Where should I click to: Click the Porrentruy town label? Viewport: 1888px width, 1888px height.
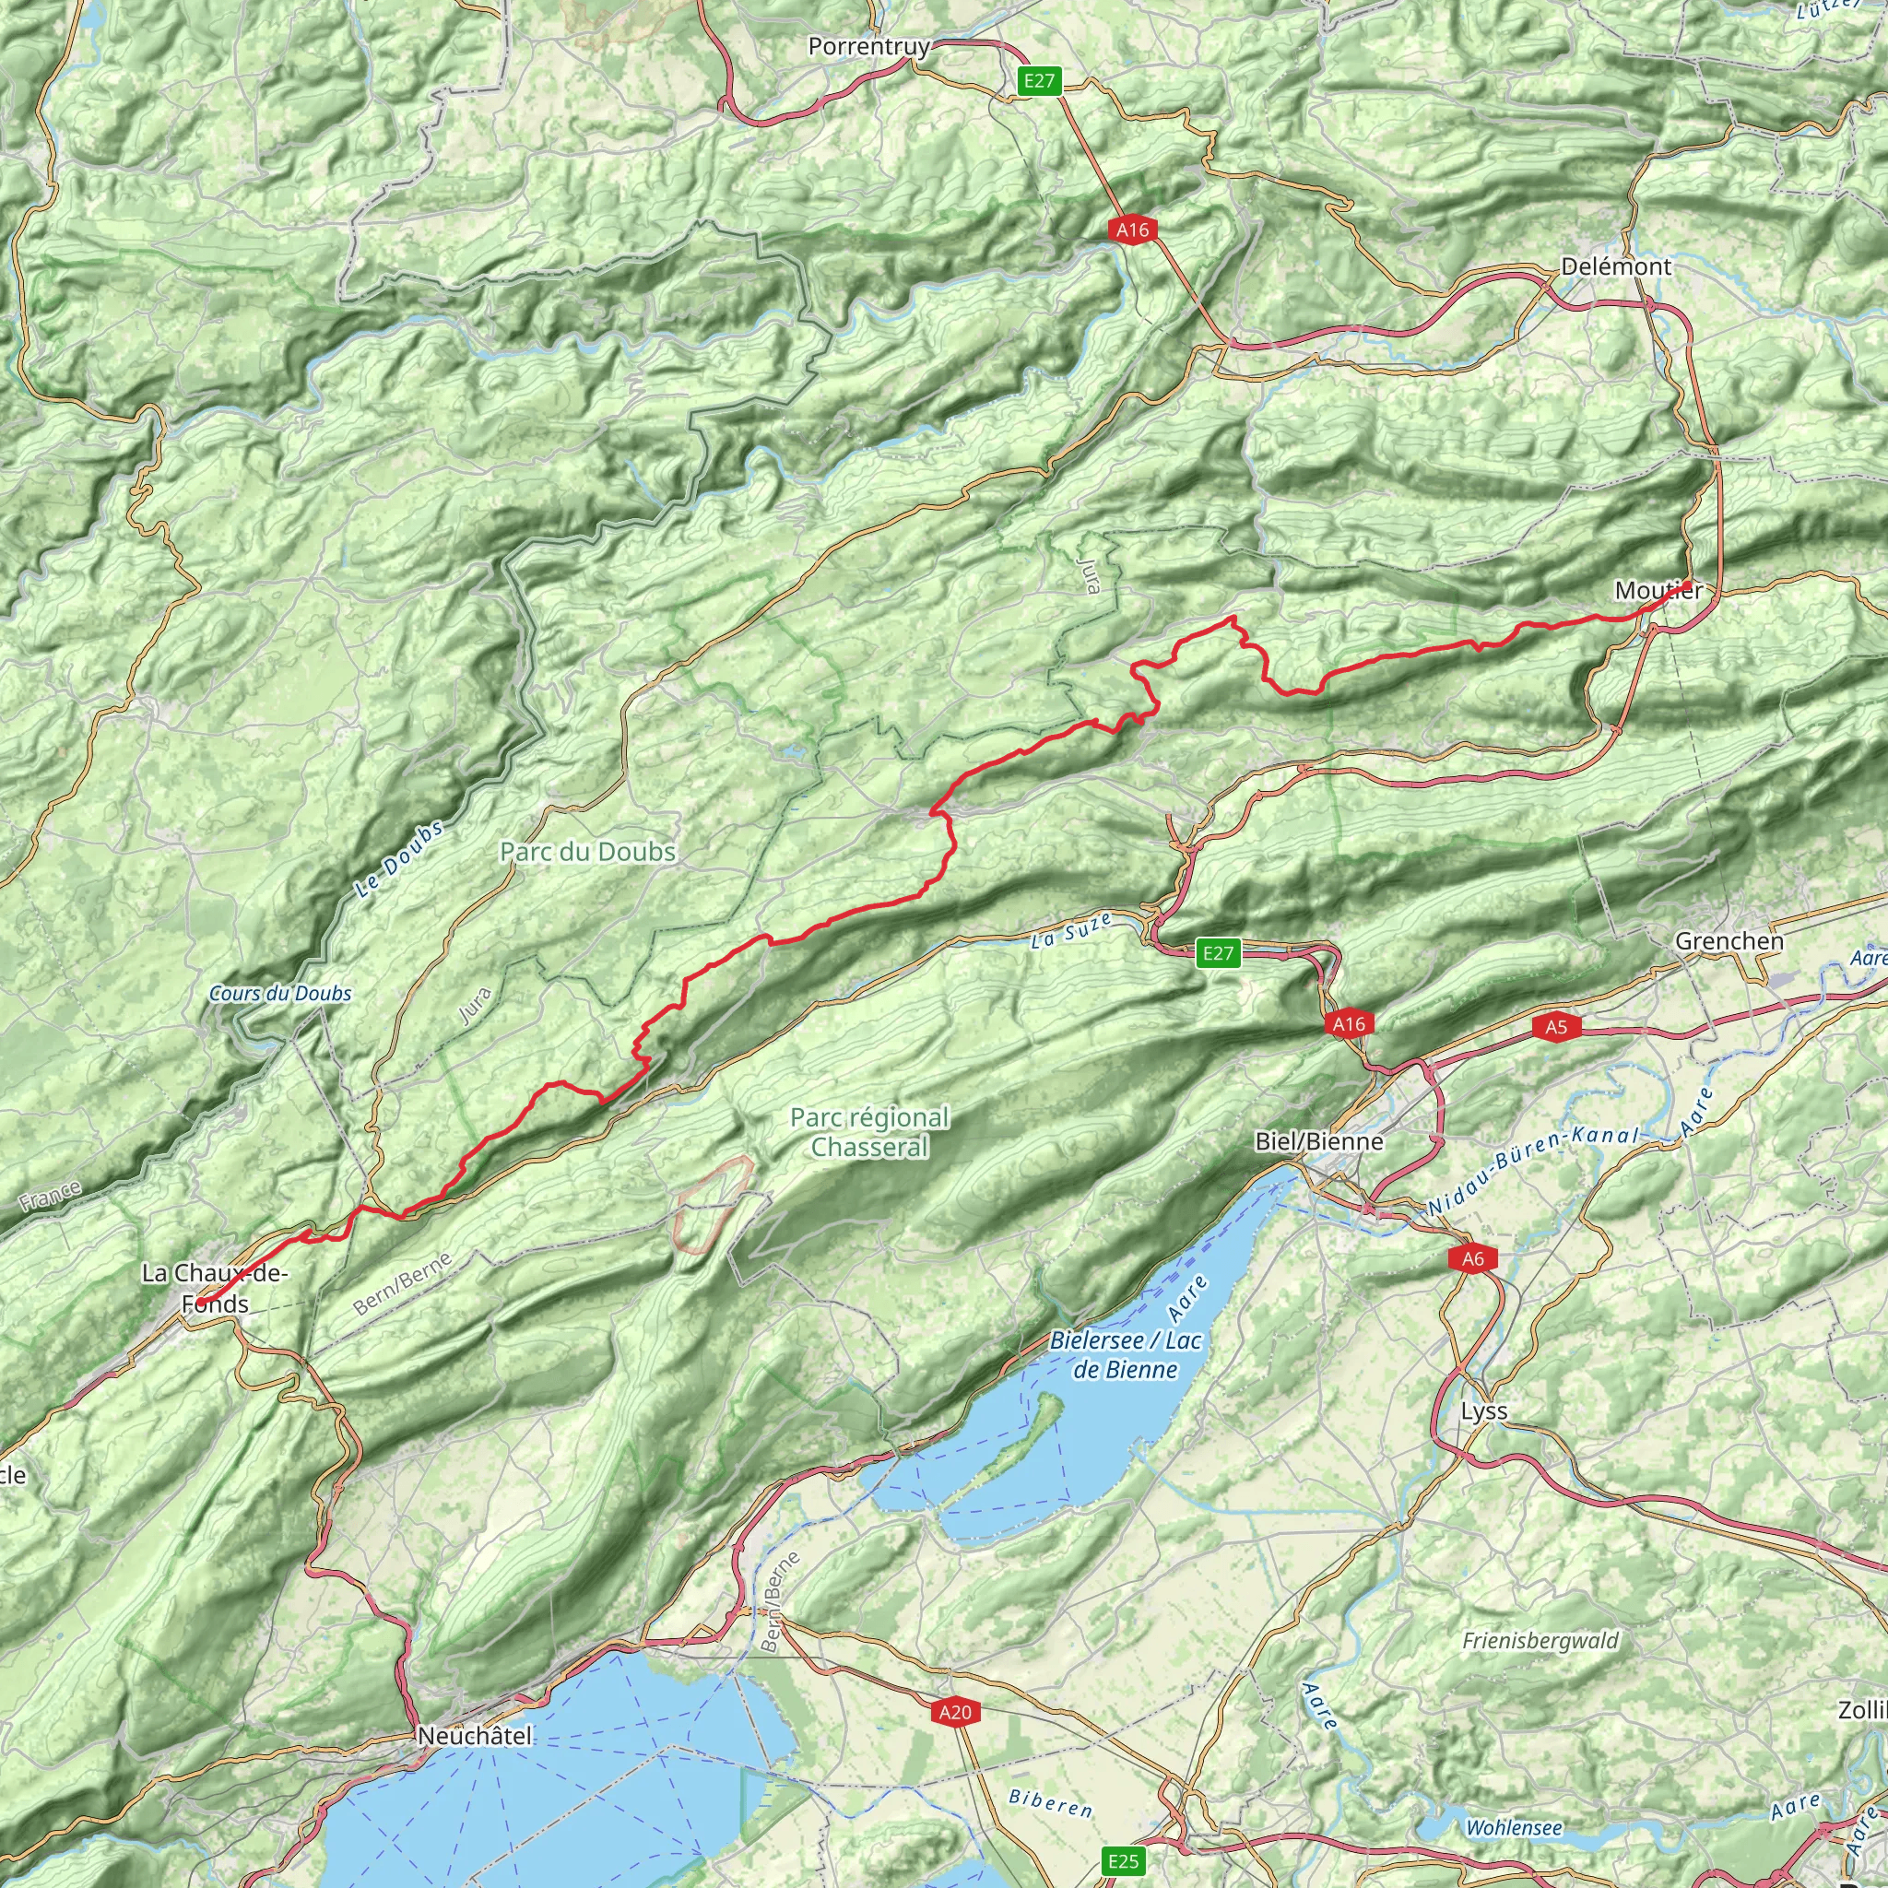(868, 46)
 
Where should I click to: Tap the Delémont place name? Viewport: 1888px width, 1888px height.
(1615, 266)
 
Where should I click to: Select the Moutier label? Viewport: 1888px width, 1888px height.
(1658, 590)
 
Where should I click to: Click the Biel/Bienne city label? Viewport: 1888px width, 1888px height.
(1319, 1141)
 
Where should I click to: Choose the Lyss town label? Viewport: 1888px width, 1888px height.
(1483, 1412)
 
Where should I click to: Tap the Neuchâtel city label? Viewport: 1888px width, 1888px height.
(475, 1737)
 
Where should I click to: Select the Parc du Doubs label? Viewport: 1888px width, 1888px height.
(587, 852)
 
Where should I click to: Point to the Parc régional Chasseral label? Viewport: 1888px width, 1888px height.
(868, 1132)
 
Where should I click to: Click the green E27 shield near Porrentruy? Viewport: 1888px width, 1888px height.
(1039, 81)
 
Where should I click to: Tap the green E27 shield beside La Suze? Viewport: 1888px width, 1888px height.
(1218, 954)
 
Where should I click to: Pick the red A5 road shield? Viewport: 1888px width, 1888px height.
(1556, 1026)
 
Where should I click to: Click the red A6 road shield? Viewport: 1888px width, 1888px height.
(1471, 1259)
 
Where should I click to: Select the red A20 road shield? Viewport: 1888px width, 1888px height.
(955, 1712)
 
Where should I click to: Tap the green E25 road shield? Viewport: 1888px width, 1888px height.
(1123, 1860)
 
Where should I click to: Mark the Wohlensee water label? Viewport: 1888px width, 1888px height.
(1514, 1827)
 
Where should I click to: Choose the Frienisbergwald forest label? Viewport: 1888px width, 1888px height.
(1540, 1641)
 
